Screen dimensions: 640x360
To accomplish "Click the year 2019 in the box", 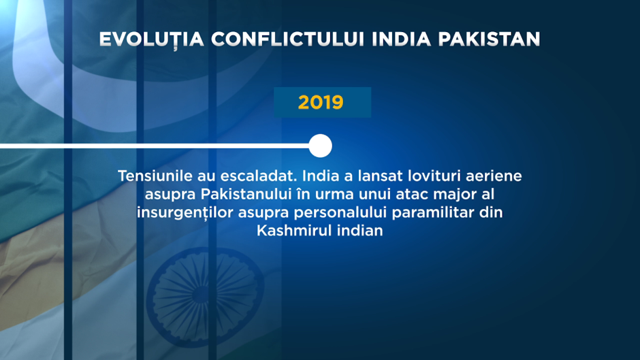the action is click(321, 102).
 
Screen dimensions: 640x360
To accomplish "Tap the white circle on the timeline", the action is click(321, 146).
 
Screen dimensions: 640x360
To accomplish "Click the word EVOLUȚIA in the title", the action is click(151, 40).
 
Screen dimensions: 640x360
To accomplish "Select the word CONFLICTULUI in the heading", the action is click(287, 39).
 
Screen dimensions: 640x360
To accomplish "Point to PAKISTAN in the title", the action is click(489, 39).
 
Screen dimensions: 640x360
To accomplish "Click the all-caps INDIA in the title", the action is click(401, 39).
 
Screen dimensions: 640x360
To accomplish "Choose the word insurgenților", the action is click(185, 212).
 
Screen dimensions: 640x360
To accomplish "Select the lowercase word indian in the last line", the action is click(360, 231).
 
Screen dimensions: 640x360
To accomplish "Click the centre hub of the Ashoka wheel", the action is click(201, 295).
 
